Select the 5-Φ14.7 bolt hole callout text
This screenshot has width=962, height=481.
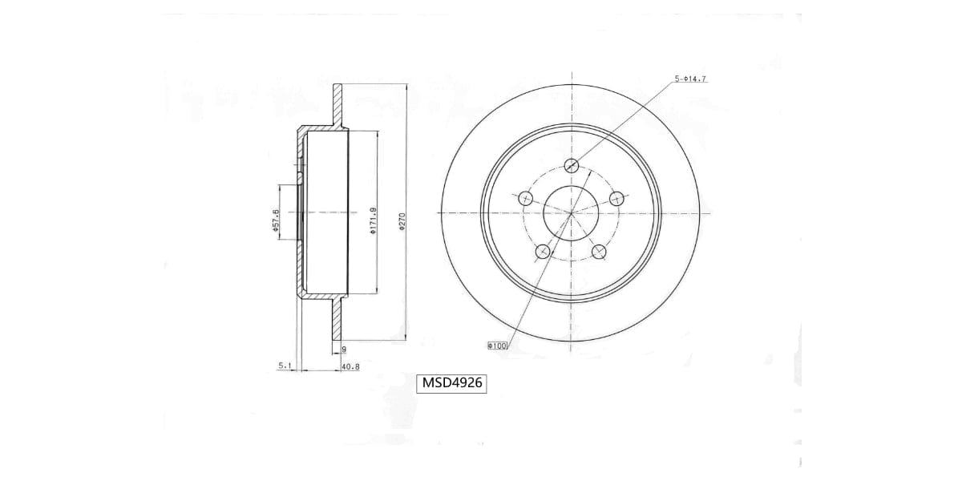point(690,79)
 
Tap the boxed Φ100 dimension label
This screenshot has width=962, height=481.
point(498,346)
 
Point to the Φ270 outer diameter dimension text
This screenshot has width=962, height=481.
point(402,221)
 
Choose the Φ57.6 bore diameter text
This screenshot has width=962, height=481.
point(275,221)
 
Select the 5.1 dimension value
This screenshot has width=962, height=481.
point(285,366)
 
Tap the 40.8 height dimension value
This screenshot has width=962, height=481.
point(350,366)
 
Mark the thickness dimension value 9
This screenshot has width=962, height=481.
point(343,350)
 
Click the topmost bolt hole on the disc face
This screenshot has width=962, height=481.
point(572,166)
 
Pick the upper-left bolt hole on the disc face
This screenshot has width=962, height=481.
point(526,198)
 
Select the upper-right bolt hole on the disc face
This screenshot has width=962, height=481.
point(616,198)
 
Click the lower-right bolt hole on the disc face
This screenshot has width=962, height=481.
point(599,252)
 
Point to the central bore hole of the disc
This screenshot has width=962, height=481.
point(571,213)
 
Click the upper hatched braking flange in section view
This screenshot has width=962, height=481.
point(338,104)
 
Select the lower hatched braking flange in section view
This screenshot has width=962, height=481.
point(338,321)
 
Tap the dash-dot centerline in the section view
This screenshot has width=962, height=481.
point(321,213)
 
